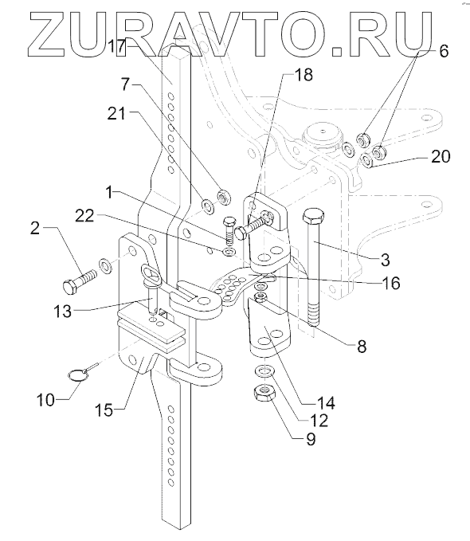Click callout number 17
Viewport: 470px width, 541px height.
pos(116,46)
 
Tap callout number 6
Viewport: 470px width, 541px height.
pos(444,51)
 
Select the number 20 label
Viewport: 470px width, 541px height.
pos(441,156)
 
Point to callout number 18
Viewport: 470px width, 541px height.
pos(304,75)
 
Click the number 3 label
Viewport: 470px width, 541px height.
pos(386,260)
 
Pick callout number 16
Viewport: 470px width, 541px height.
pos(390,283)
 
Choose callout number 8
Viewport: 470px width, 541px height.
pos(362,346)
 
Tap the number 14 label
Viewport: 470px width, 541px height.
pos(326,402)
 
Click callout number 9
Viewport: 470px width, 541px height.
pos(311,439)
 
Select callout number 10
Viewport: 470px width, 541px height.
pos(46,400)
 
